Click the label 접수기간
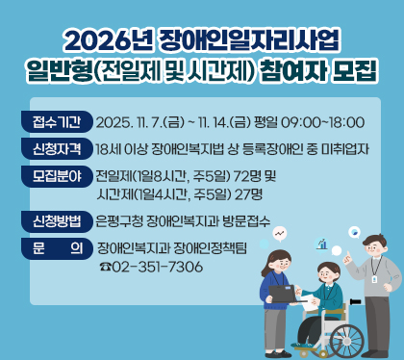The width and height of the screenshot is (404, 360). [x=56, y=122]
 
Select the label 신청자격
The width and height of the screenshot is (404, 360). [x=56, y=149]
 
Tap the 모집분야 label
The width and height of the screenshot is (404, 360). [x=56, y=176]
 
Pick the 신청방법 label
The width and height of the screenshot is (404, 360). [x=56, y=219]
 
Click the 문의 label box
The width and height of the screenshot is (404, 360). [x=56, y=246]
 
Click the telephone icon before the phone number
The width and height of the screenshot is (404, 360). [x=105, y=267]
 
